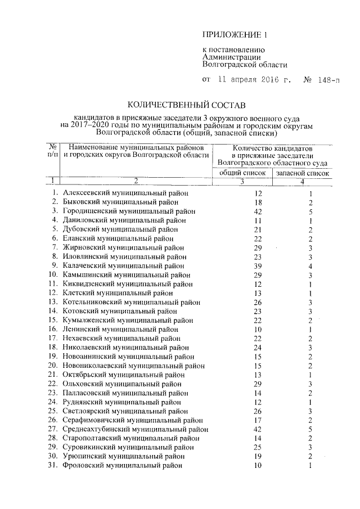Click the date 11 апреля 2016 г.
[254, 80]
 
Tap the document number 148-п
[328, 80]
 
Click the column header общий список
[242, 173]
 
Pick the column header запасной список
[302, 173]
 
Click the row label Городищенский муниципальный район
[129, 211]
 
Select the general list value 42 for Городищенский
[243, 211]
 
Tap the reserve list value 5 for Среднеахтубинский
[310, 429]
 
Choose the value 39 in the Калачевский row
[243, 265]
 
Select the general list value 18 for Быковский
[243, 202]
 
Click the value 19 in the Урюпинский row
[243, 456]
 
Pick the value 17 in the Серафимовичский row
[243, 420]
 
